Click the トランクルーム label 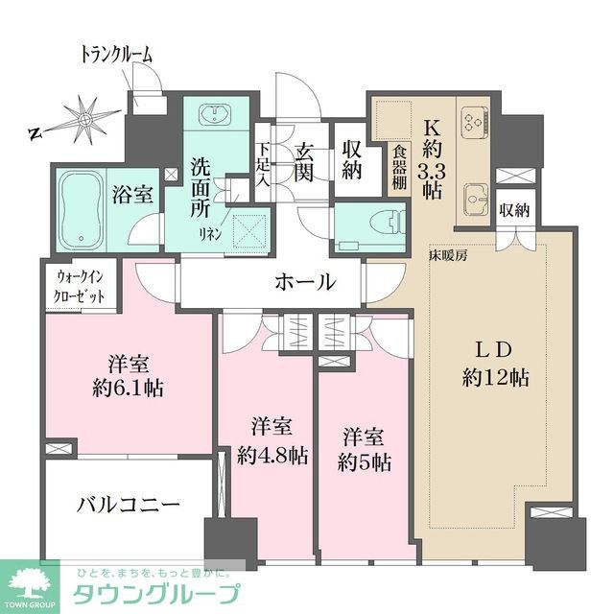[115, 56]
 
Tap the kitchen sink [473, 200]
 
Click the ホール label [305, 283]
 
